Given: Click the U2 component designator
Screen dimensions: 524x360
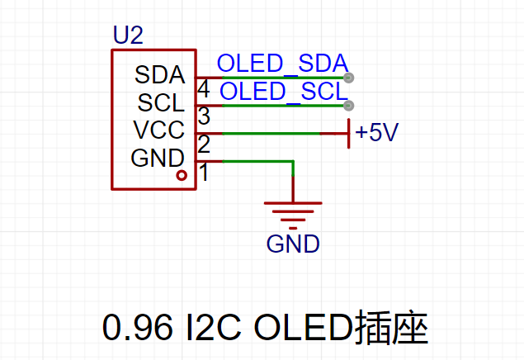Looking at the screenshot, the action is [129, 35].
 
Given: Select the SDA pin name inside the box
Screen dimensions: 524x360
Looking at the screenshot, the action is [159, 74].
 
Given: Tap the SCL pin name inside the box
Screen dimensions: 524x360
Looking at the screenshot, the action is [161, 102].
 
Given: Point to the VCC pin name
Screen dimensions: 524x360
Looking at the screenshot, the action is [158, 130].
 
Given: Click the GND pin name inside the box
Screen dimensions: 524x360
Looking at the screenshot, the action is [158, 158].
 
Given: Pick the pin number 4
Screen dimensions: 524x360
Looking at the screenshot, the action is [204, 89].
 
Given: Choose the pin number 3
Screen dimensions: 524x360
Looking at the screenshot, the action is [204, 116].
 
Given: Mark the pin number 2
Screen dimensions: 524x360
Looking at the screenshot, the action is [204, 144].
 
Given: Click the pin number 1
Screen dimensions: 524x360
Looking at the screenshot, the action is [204, 172].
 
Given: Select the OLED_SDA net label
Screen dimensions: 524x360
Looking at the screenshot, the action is [283, 63].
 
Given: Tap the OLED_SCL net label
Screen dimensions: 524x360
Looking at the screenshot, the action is [284, 91].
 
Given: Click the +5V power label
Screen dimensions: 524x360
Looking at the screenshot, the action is [376, 132].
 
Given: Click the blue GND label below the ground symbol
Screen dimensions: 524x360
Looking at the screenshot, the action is [293, 244].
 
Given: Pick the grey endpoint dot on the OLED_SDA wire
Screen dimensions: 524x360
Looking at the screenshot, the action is [348, 78].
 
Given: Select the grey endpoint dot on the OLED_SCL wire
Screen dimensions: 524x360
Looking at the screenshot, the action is [348, 106].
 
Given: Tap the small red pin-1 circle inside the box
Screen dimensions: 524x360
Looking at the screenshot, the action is [182, 175].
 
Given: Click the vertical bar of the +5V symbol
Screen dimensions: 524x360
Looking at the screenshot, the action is [349, 134].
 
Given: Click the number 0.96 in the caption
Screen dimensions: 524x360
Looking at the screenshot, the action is [137, 327].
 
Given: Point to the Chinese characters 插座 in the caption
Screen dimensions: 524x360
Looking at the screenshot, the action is [391, 327].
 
